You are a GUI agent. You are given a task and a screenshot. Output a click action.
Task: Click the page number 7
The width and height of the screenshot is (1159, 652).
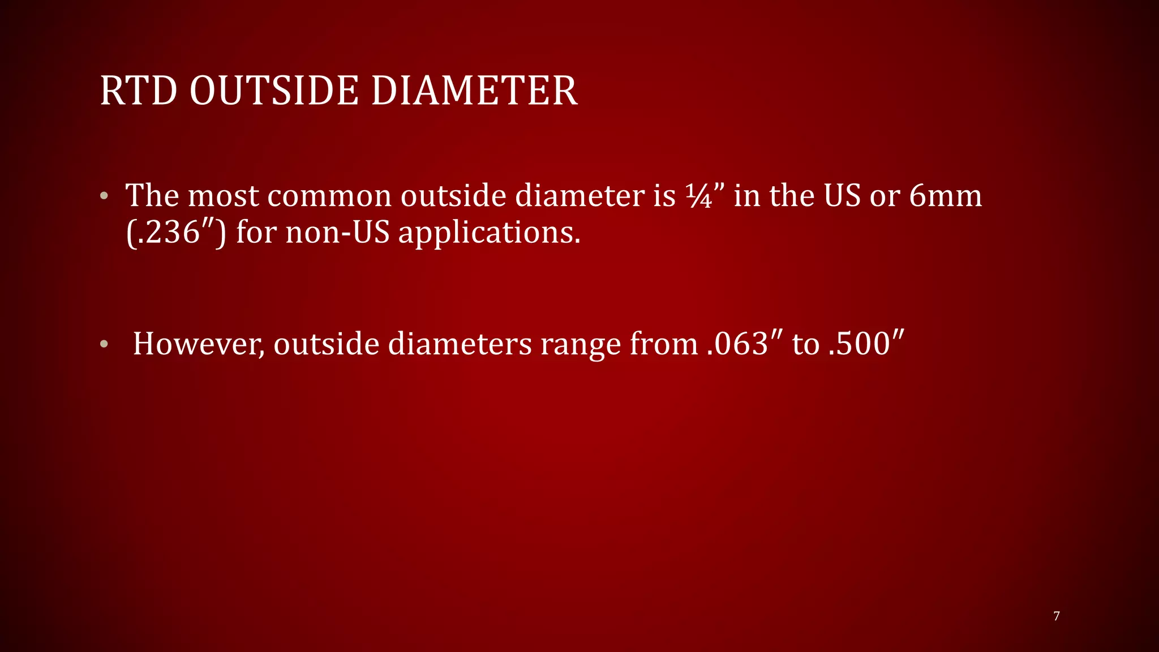tap(1056, 616)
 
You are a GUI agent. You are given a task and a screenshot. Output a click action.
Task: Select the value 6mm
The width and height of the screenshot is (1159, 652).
tap(945, 196)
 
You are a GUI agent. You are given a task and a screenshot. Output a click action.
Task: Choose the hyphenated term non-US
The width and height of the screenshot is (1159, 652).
tap(337, 233)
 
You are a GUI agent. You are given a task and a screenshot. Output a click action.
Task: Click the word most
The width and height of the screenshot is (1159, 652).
tap(223, 196)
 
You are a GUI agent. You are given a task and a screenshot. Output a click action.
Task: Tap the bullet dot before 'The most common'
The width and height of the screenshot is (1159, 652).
tap(104, 196)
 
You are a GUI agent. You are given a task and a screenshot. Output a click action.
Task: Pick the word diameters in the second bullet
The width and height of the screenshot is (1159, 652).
tap(459, 344)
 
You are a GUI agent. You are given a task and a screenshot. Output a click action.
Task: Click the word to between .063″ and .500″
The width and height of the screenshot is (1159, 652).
tap(805, 344)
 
